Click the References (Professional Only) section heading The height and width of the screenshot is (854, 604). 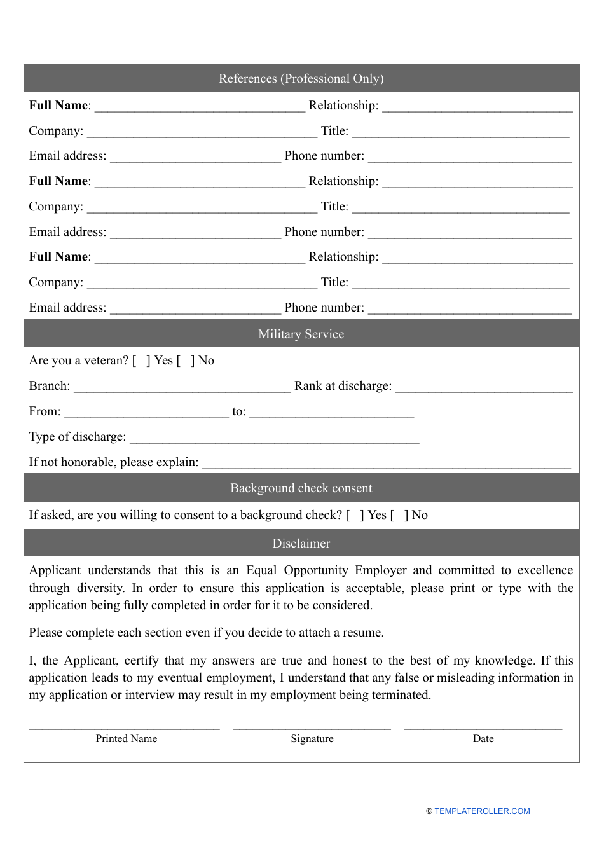(x=301, y=78)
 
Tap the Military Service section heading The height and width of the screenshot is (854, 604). (x=301, y=334)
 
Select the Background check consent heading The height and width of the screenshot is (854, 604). (x=301, y=488)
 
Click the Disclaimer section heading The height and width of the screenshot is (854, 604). (x=301, y=543)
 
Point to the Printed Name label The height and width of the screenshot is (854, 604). (x=126, y=738)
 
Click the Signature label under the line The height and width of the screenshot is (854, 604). (x=312, y=738)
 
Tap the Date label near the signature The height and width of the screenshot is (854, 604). (x=483, y=738)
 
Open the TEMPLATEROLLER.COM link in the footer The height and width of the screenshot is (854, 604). (x=481, y=811)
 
